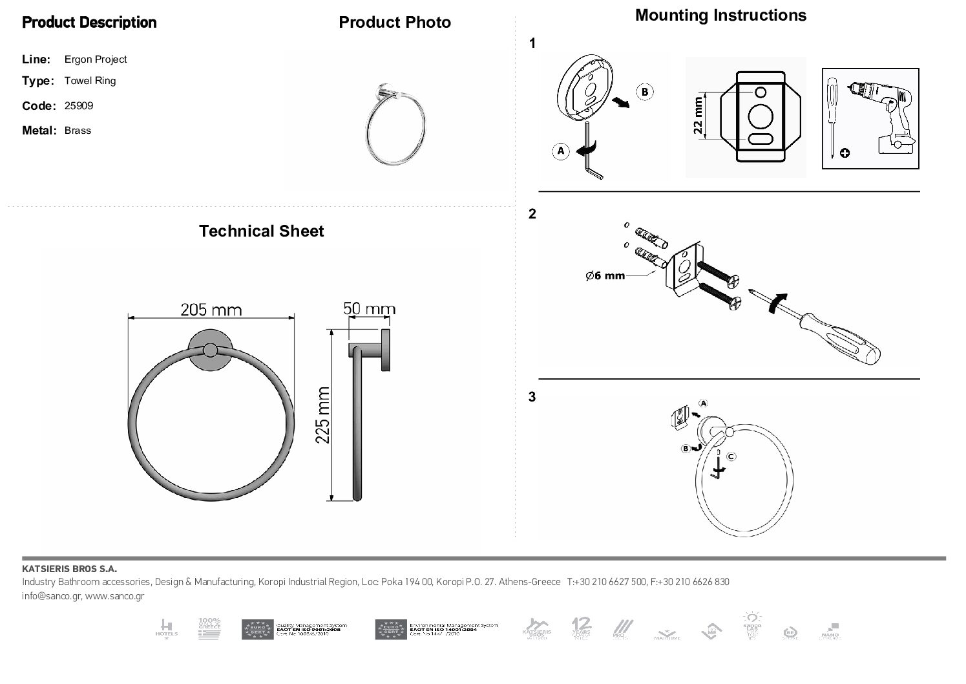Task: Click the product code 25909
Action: [79, 106]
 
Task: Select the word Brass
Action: [78, 131]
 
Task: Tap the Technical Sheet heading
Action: [261, 231]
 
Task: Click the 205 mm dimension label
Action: [211, 310]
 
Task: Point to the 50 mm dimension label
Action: [369, 308]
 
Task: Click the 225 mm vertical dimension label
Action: [322, 415]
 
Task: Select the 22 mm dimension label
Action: [697, 115]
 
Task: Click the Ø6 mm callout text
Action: [605, 276]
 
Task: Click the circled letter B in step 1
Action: [644, 92]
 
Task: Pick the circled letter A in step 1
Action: [560, 151]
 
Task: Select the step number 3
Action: [532, 397]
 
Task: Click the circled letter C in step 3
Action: [731, 456]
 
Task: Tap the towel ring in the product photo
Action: [393, 129]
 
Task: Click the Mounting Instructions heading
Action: [720, 16]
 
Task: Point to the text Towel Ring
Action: [90, 81]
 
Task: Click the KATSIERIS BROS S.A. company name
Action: [69, 570]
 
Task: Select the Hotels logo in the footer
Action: [166, 628]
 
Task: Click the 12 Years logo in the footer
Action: [581, 628]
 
